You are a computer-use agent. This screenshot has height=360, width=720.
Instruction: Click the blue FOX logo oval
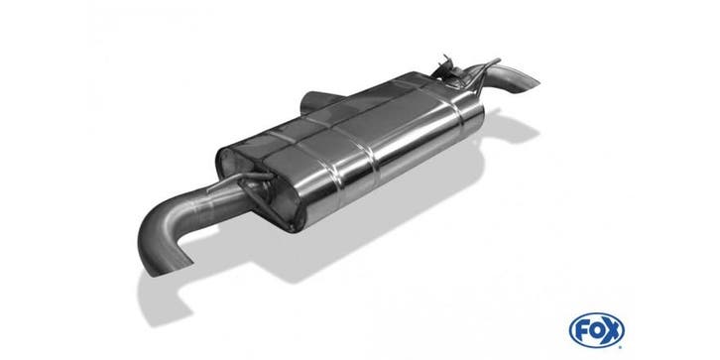pos(596,329)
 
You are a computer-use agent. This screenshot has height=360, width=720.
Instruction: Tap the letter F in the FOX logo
pos(582,329)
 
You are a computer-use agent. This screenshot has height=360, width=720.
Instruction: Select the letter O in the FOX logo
pos(596,329)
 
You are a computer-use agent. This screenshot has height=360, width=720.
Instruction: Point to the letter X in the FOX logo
pos(612,329)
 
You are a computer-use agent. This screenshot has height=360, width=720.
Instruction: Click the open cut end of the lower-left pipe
pos(169,266)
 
